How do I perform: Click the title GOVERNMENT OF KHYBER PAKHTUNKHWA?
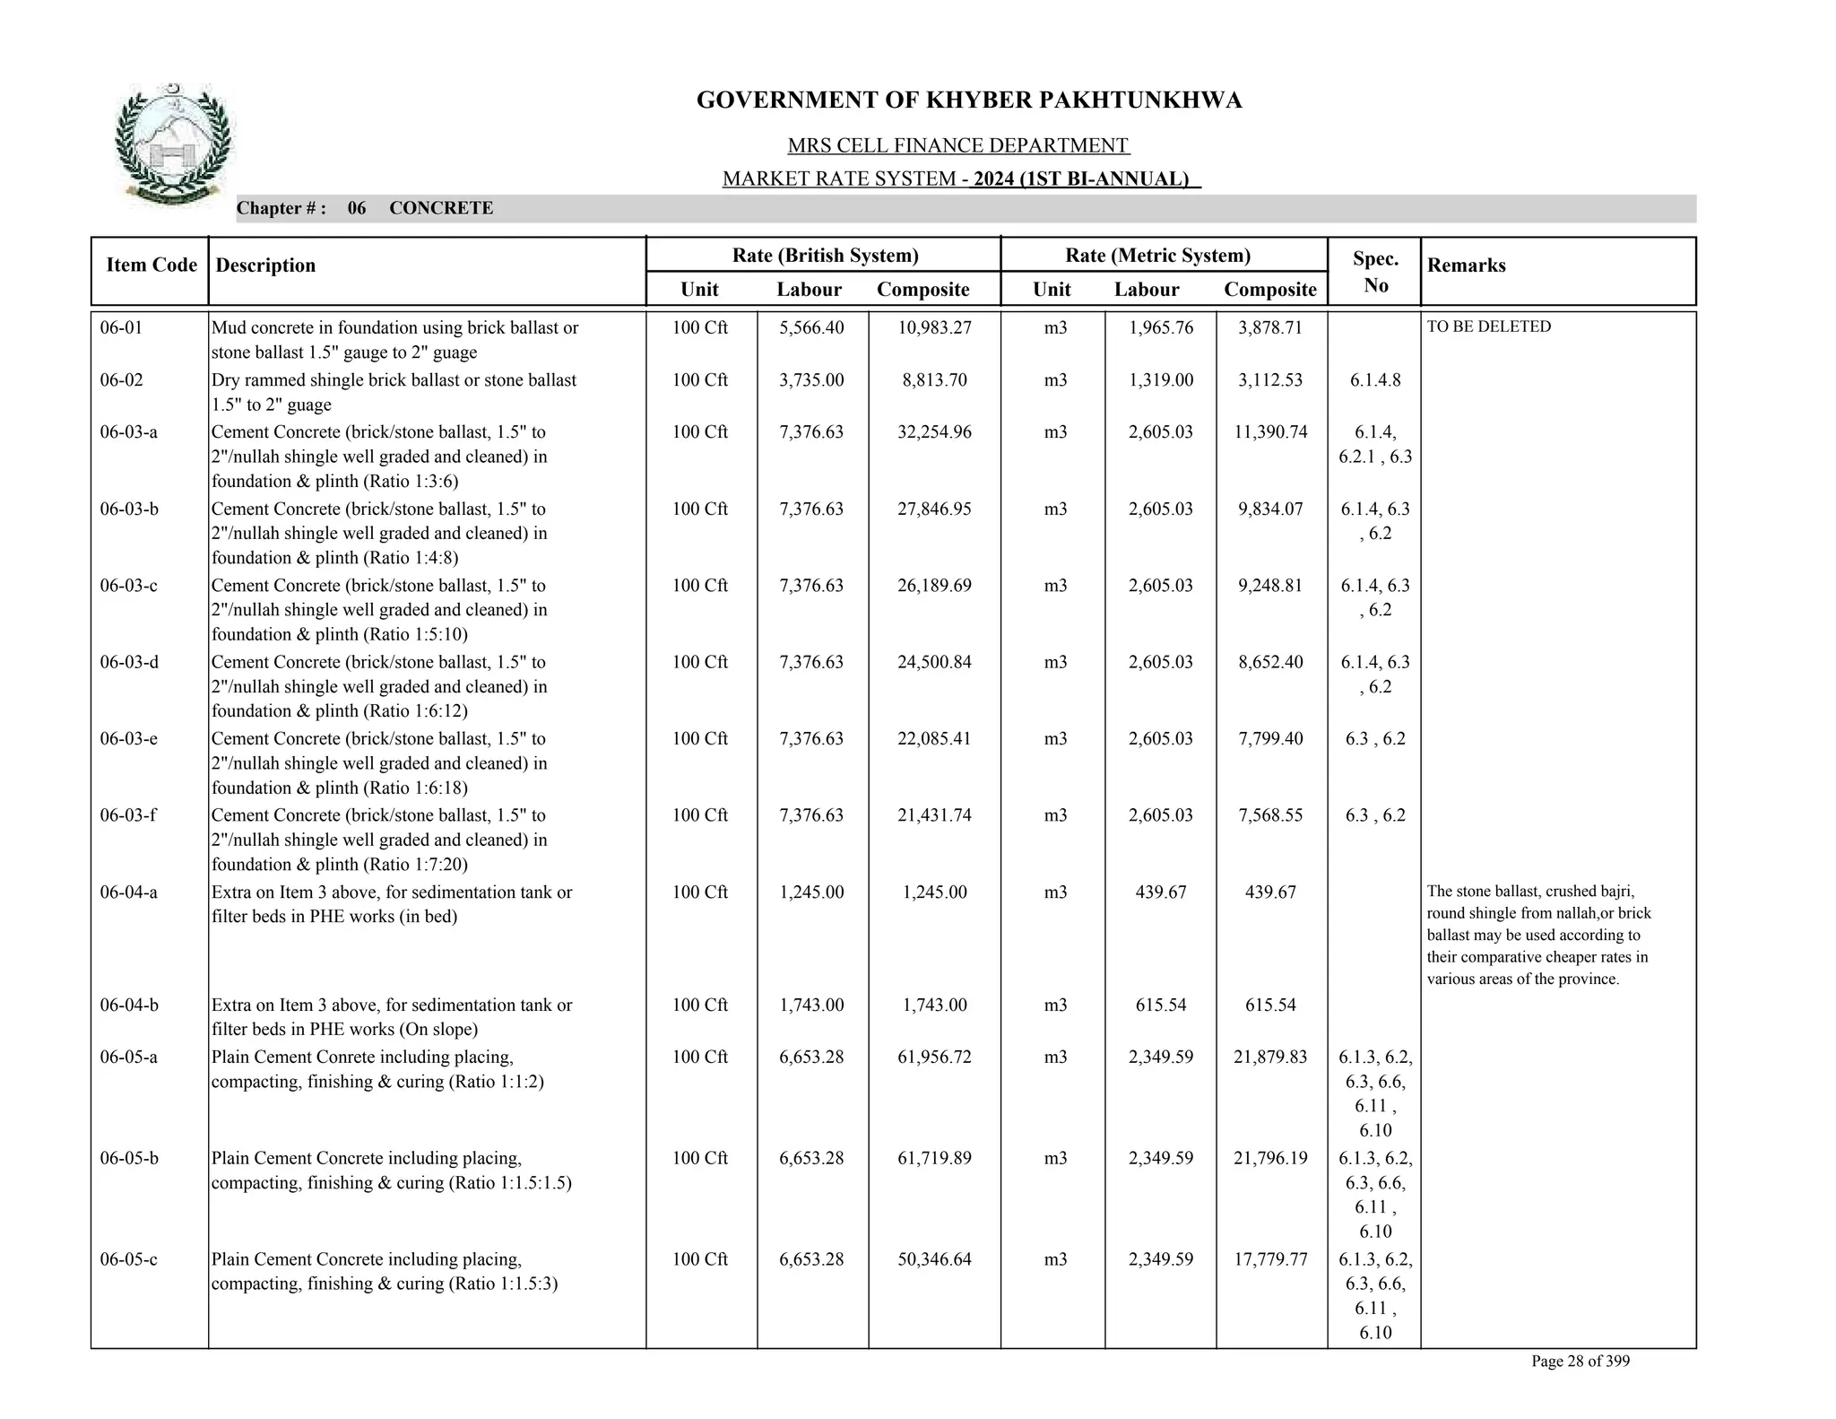click(968, 100)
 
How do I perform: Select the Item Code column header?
click(151, 265)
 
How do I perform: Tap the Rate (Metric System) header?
click(1157, 256)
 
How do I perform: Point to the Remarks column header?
click(1466, 266)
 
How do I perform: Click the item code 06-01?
click(121, 327)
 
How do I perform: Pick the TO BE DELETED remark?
click(1488, 326)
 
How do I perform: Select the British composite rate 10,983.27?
click(934, 327)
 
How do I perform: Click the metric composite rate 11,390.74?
click(1270, 431)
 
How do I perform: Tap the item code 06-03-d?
click(128, 662)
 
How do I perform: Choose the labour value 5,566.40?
click(811, 327)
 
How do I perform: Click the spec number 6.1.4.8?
click(1375, 379)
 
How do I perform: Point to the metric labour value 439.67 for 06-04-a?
click(1160, 892)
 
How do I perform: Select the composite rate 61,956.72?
click(934, 1057)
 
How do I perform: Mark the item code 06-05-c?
click(128, 1259)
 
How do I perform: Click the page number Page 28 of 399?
click(1580, 1361)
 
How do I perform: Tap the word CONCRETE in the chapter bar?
click(441, 208)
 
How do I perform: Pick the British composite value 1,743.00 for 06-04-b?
click(934, 1005)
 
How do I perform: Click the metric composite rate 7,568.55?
click(1270, 815)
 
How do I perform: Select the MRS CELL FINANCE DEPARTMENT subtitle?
click(957, 145)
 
